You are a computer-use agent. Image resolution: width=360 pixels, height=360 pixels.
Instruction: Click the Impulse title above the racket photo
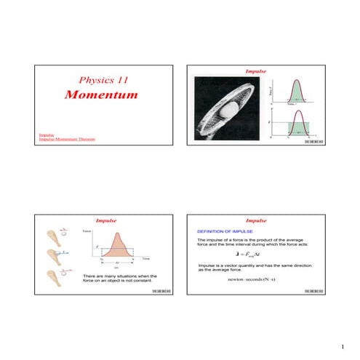point(257,73)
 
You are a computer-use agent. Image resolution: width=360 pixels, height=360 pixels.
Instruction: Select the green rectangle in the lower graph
point(299,127)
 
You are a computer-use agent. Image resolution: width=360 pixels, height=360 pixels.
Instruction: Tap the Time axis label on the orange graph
point(145,258)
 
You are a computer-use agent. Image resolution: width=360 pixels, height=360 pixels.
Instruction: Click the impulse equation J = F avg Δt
point(257,255)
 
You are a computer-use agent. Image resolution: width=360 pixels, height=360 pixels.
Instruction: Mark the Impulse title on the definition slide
point(257,220)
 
